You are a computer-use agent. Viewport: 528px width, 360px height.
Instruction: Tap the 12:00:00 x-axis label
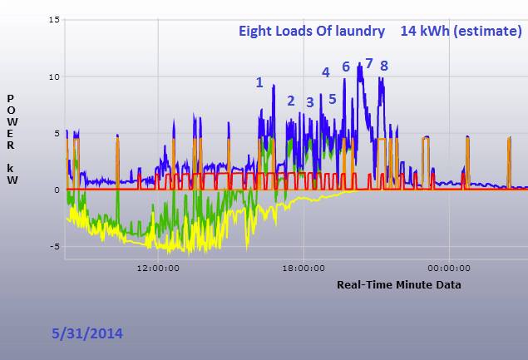[159, 268]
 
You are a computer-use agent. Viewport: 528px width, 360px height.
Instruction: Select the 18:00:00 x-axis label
[303, 268]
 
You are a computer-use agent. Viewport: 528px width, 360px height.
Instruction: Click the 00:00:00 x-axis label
[448, 268]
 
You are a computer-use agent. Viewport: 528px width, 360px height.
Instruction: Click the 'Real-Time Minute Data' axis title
[399, 285]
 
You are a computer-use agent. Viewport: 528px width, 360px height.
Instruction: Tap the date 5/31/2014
[86, 333]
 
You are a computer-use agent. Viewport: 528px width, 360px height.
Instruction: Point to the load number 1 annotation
[259, 81]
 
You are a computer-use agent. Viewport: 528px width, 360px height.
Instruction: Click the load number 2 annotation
[291, 101]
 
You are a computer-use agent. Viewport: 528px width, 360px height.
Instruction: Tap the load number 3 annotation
[310, 102]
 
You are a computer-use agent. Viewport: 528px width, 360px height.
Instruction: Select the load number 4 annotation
[326, 72]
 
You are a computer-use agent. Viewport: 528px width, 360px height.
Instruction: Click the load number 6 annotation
[346, 67]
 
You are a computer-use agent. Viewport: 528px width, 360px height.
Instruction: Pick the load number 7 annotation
[369, 63]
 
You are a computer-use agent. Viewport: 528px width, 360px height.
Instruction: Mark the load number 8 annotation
[384, 66]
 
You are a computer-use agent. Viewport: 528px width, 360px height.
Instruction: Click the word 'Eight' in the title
[257, 32]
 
